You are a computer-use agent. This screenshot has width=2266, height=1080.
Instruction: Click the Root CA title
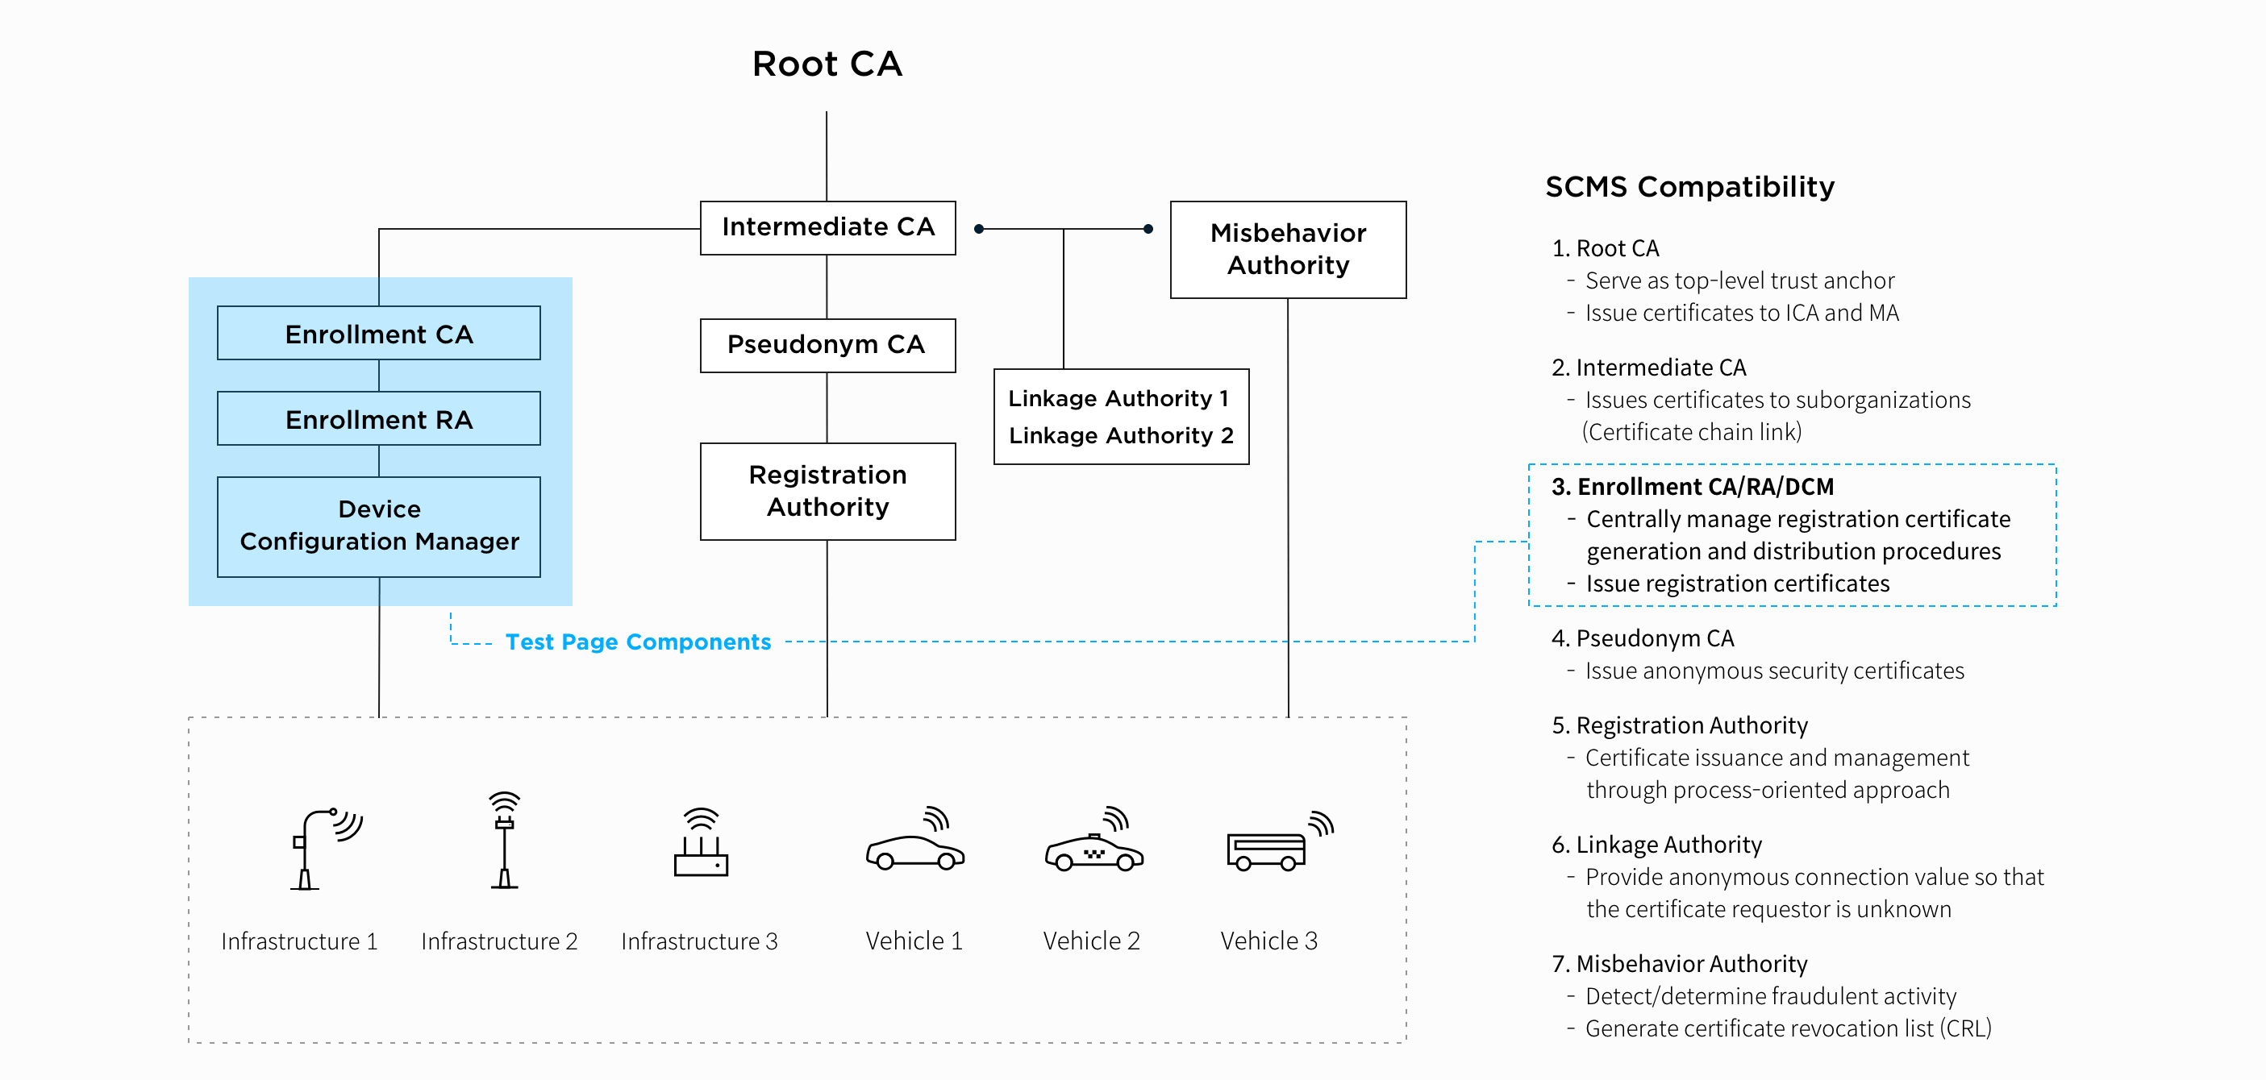point(827,64)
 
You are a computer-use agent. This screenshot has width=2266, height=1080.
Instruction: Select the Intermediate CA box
point(827,228)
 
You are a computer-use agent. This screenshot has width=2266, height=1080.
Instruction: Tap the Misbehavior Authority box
point(1287,250)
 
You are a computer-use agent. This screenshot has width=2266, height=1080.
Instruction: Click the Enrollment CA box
point(378,334)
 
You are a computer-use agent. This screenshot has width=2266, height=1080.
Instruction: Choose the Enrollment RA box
point(378,420)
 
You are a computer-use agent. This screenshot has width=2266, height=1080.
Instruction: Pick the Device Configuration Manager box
point(378,526)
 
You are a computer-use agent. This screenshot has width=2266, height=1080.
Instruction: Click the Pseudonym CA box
point(827,345)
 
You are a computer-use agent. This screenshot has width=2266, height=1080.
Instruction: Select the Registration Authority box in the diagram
point(827,491)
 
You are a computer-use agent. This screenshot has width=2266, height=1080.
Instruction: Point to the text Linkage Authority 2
point(1120,435)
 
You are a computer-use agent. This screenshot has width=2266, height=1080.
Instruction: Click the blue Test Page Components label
point(638,642)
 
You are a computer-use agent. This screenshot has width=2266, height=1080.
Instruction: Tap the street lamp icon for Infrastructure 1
point(322,848)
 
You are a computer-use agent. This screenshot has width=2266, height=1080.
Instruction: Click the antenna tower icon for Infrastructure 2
point(504,841)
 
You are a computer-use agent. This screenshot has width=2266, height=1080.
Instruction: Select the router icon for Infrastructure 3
point(701,845)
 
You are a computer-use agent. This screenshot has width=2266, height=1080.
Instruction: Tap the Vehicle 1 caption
point(914,941)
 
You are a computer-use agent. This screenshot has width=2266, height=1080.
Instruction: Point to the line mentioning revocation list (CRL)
point(1788,1028)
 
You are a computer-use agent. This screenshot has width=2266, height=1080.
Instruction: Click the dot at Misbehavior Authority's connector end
point(1148,229)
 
